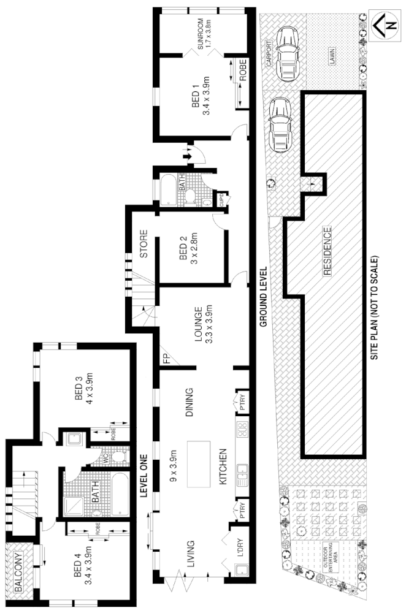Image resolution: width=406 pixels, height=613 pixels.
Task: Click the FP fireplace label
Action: pos(166,360)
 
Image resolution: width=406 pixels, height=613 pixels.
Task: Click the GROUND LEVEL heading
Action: pos(262,296)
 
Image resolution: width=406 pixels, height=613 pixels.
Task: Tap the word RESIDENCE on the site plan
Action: pos(327,253)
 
